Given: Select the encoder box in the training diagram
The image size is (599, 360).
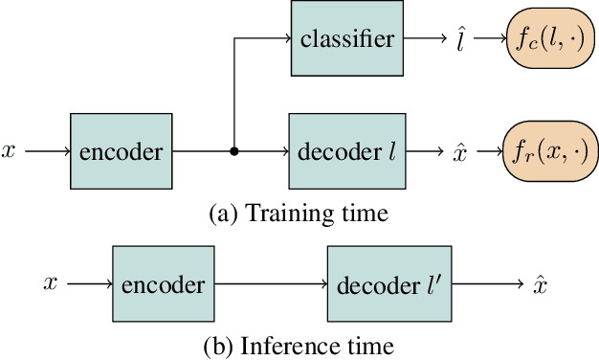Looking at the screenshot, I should pyautogui.click(x=122, y=151).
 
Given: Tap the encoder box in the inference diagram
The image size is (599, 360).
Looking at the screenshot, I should pyautogui.click(x=164, y=283).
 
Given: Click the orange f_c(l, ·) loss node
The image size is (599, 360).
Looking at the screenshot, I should pyautogui.click(x=549, y=39).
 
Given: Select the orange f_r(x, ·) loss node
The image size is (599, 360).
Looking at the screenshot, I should pyautogui.click(x=549, y=151).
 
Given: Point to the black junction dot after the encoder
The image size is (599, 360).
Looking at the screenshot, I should pyautogui.click(x=234, y=151).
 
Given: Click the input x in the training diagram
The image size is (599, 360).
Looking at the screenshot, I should pyautogui.click(x=9, y=151).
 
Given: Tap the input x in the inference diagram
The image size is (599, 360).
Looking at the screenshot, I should pyautogui.click(x=52, y=283).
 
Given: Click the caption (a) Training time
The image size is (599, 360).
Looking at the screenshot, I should pyautogui.click(x=299, y=213).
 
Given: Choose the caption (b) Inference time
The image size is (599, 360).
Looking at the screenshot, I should pyautogui.click(x=299, y=344).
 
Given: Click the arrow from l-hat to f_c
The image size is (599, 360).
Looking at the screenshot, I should pyautogui.click(x=484, y=39).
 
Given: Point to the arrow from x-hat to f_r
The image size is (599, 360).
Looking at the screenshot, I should pyautogui.click(x=484, y=151).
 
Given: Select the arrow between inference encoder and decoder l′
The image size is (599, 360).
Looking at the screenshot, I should pyautogui.click(x=272, y=283).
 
